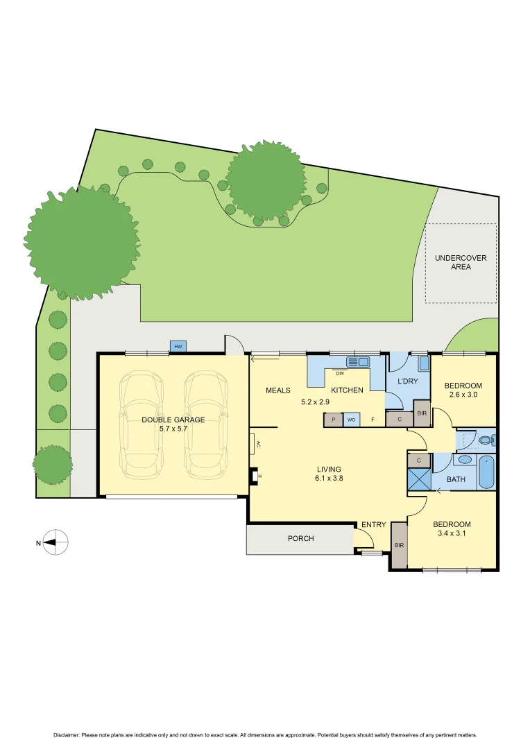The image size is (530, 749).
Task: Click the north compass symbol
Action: (55, 542)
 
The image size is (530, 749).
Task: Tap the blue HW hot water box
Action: (178, 346)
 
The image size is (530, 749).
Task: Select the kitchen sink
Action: (359, 361)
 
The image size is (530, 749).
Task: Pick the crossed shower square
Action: (419, 479)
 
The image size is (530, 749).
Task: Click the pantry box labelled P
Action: (333, 420)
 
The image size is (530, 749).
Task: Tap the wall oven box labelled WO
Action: (352, 420)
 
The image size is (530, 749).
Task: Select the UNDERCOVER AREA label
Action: (461, 262)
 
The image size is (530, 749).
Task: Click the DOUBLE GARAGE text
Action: (173, 420)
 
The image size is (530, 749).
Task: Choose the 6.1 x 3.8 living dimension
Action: (330, 479)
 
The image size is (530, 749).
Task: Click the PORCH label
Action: (300, 538)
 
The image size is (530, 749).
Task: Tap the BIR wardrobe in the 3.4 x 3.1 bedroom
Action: (399, 546)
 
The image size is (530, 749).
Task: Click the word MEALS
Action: (278, 390)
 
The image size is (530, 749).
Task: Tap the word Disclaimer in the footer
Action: (67, 735)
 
